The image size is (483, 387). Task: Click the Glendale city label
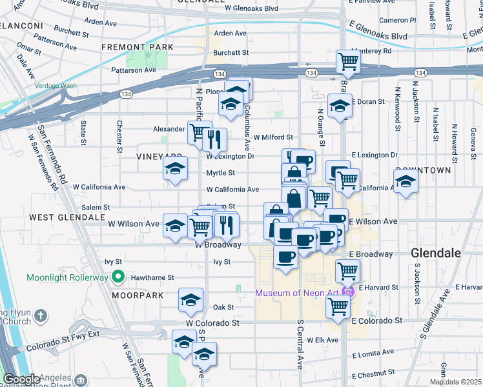[436, 253]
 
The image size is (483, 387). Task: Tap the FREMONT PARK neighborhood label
[137, 47]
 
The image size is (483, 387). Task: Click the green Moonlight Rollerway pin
[118, 278]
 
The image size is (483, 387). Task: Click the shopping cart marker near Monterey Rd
[348, 62]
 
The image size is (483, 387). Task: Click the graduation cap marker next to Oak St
[190, 300]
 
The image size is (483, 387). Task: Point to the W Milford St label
[272, 137]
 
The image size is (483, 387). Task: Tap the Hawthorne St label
[153, 278]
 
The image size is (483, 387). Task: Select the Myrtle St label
[220, 173]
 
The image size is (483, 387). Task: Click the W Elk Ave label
[324, 339]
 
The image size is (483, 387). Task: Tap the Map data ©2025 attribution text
[456, 382]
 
